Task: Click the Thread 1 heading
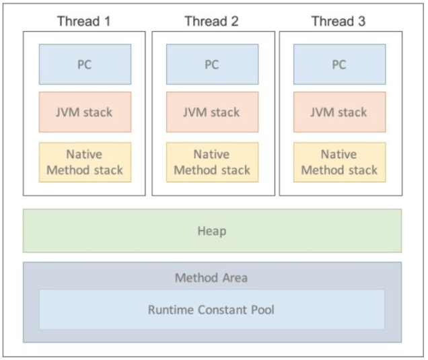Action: click(84, 21)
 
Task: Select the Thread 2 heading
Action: click(211, 21)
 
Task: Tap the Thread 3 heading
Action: click(338, 21)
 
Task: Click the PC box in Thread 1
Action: click(85, 65)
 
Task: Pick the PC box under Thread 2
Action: click(212, 65)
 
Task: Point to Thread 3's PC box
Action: click(339, 65)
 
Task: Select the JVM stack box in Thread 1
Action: click(85, 112)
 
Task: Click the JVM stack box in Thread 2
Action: click(212, 112)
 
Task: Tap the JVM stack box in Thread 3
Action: click(339, 112)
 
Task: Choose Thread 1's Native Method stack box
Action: click(85, 162)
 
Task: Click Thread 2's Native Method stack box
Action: click(212, 162)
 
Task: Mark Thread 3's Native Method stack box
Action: click(339, 162)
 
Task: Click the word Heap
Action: click(212, 231)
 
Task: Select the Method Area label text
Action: click(211, 277)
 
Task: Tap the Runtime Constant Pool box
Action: click(211, 310)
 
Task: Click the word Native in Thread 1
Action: click(84, 155)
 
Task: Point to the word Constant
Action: click(223, 310)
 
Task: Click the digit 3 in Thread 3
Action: click(361, 21)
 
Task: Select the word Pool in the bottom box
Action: click(262, 310)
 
